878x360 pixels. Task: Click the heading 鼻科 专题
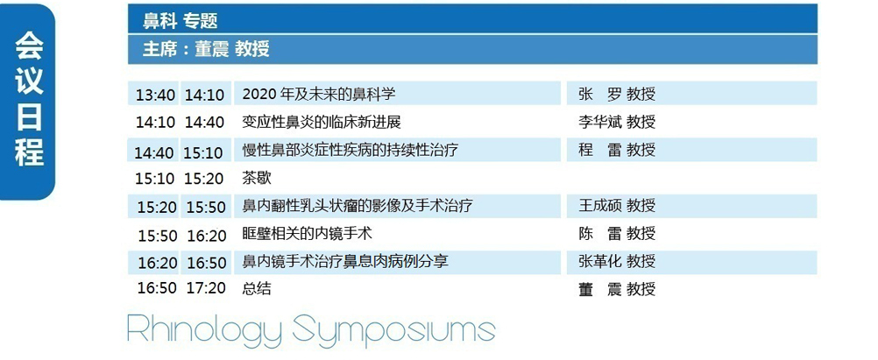point(180,21)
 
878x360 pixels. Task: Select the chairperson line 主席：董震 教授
point(206,49)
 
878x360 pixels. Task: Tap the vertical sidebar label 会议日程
point(29,99)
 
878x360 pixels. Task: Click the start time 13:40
point(155,95)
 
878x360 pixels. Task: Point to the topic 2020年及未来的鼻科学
point(319,94)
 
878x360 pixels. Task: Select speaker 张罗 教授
point(617,94)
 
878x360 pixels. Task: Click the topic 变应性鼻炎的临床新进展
point(322,122)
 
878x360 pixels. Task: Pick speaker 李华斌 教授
point(617,122)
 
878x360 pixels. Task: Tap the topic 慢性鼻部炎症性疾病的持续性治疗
point(350,150)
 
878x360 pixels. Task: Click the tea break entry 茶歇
point(257,178)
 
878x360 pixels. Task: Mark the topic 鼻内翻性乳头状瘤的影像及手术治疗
point(358,206)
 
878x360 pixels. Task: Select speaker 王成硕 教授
point(617,206)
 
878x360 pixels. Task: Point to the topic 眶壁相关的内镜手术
point(308,233)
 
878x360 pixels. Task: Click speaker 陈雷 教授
point(617,233)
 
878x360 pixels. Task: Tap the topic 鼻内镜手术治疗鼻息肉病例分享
point(345,261)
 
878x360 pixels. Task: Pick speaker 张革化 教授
point(617,261)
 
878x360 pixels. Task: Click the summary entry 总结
point(257,289)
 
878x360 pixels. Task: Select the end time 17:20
point(206,289)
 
